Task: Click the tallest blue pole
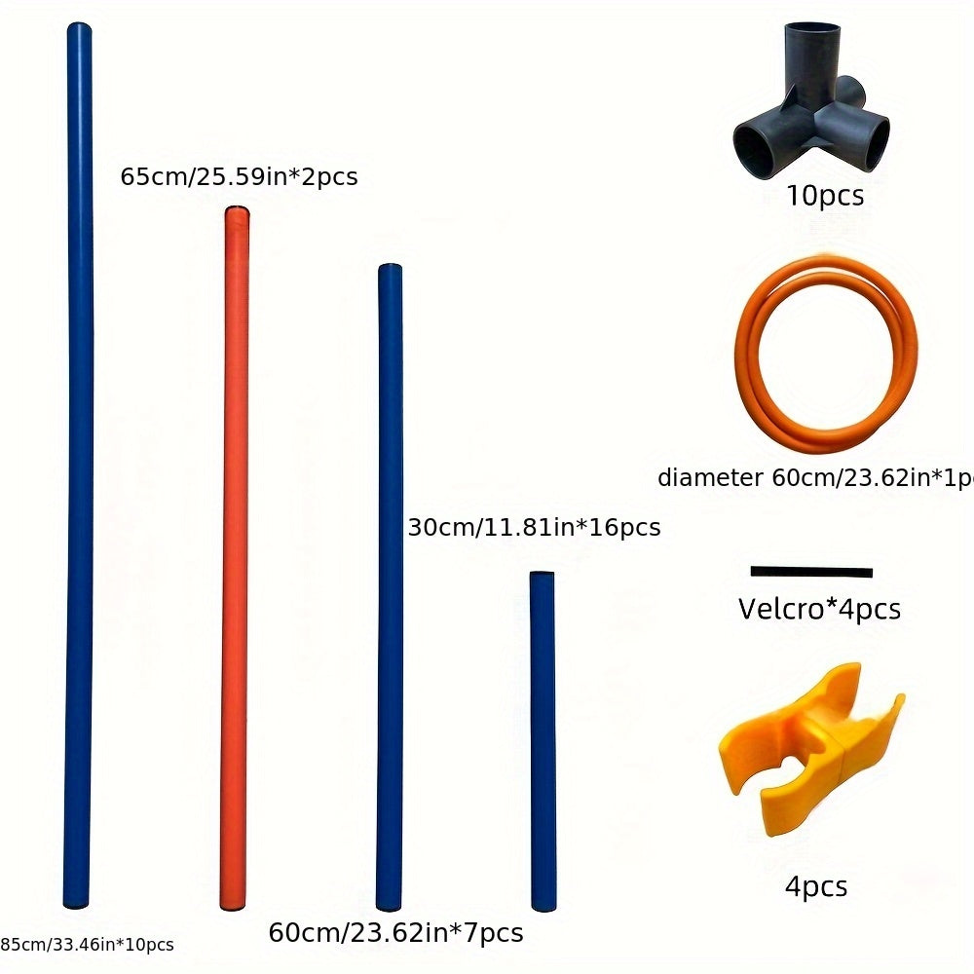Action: (x=78, y=466)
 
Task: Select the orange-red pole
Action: (x=235, y=558)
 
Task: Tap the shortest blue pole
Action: (x=543, y=741)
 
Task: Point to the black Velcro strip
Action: (x=811, y=572)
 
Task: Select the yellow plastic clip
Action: (x=811, y=748)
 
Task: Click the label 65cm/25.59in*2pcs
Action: (x=240, y=176)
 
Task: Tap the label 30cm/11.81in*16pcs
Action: (x=534, y=527)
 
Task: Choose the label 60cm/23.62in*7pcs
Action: (x=396, y=933)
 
